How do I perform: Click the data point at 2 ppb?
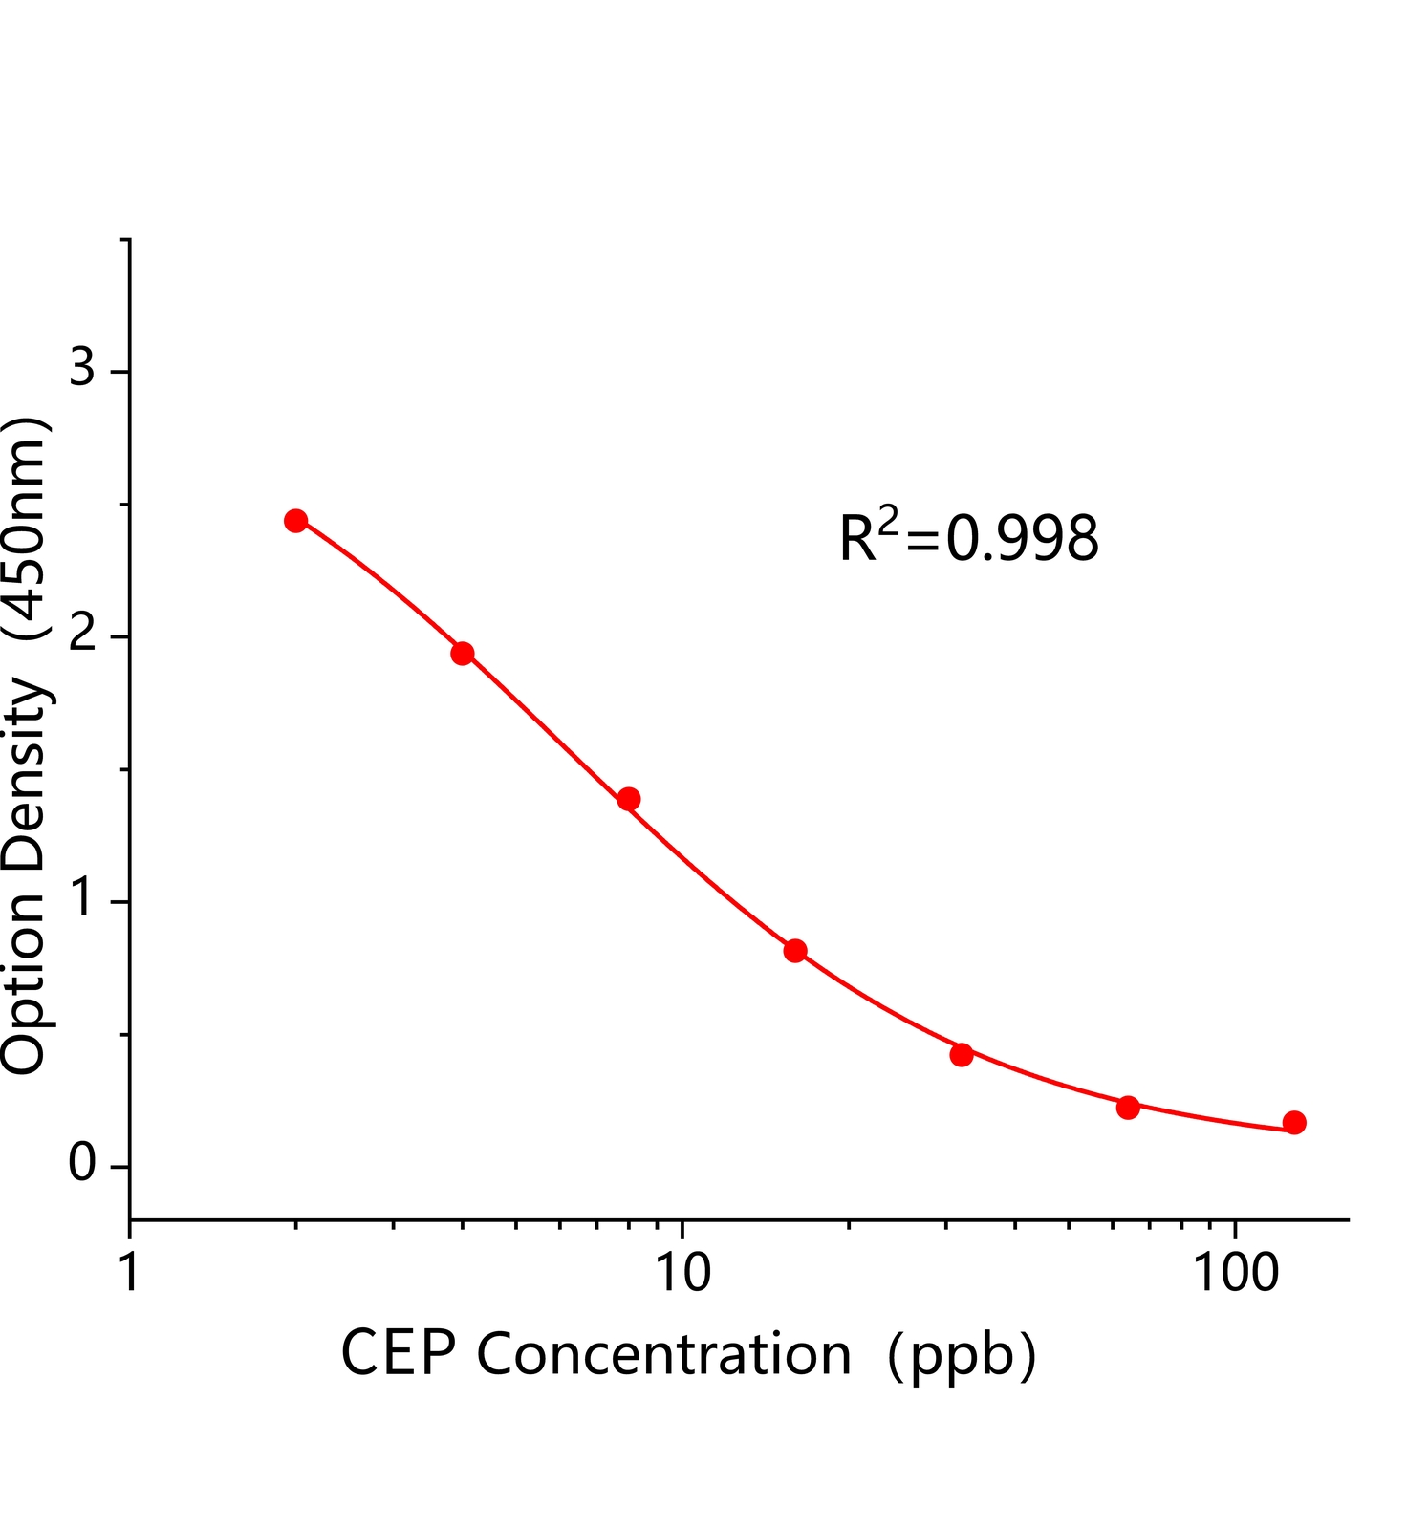(296, 521)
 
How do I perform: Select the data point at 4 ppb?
(463, 654)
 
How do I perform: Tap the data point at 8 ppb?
(629, 799)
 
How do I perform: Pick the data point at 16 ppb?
(795, 951)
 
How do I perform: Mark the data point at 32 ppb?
(962, 1055)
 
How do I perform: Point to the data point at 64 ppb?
(1128, 1108)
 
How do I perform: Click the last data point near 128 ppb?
(1294, 1123)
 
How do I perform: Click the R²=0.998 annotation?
(969, 537)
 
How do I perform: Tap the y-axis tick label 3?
(82, 367)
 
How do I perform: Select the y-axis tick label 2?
(82, 634)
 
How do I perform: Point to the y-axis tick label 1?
(82, 898)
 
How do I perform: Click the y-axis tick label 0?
(82, 1164)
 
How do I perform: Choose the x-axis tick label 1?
(130, 1273)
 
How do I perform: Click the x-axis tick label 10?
(682, 1273)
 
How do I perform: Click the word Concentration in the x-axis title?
(663, 1355)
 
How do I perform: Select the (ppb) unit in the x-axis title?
(962, 1355)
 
